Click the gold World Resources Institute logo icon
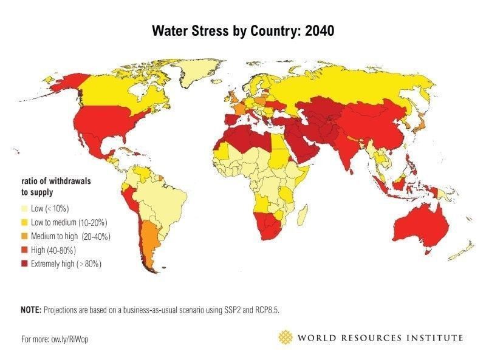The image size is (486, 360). tap(285, 337)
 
